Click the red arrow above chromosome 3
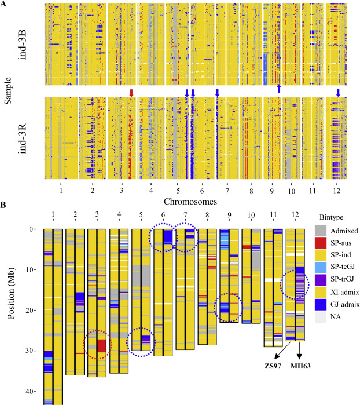pyautogui.click(x=131, y=92)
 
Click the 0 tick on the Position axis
pyautogui.click(x=34, y=229)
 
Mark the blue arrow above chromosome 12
pyautogui.click(x=338, y=92)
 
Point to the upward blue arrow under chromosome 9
pyautogui.click(x=278, y=88)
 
